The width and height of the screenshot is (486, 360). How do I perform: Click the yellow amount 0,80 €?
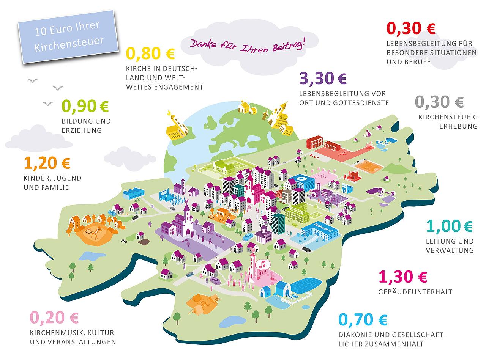(x=150, y=54)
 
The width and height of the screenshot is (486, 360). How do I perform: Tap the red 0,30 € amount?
(x=411, y=28)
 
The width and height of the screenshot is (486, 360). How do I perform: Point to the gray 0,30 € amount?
(x=439, y=102)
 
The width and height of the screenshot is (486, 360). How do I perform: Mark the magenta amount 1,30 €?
(x=403, y=277)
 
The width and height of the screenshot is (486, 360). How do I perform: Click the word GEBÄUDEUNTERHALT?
(x=416, y=292)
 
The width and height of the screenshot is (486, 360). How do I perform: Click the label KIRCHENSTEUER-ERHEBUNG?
(x=448, y=122)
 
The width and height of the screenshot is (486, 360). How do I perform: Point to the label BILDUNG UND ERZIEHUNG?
(x=86, y=126)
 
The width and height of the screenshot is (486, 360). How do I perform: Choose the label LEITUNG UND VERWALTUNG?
(x=450, y=246)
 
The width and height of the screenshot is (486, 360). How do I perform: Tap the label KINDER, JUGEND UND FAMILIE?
(x=52, y=182)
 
